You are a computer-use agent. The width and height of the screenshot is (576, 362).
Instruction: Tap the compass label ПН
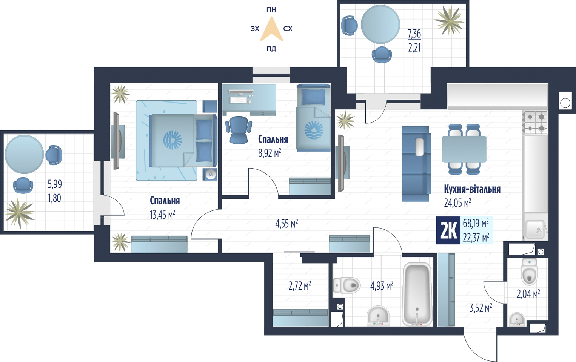coord(271,10)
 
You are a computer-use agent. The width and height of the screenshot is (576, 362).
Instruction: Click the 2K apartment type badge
coord(448,230)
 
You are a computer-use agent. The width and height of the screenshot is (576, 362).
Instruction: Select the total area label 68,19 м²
coord(476,223)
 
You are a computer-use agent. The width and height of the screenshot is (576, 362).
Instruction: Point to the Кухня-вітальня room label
coord(472,189)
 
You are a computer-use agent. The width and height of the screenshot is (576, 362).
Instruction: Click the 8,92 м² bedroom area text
coord(270,153)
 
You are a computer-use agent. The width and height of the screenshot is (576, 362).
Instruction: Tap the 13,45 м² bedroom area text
coord(162,215)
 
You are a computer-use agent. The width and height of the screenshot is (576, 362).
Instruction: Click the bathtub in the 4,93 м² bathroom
coord(417,295)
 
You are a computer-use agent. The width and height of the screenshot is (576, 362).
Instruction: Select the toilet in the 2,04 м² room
coord(529,271)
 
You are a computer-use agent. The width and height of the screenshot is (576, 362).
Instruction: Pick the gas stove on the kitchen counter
coord(535,123)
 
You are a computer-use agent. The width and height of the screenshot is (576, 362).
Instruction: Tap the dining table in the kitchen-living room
coord(464,149)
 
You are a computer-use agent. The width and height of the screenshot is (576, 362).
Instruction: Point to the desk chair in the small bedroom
coord(239,130)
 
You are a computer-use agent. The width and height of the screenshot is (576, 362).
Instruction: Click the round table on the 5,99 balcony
coord(24,154)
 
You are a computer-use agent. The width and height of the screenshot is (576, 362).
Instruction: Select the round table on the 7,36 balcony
coord(380,24)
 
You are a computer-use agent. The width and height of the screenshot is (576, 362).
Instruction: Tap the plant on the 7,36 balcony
coord(449,21)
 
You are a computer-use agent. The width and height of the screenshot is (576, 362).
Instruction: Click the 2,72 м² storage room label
coord(300,285)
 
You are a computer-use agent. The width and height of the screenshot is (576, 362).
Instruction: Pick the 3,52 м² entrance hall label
coord(481,308)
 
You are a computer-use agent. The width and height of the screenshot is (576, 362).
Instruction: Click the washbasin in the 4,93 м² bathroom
coord(378,316)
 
